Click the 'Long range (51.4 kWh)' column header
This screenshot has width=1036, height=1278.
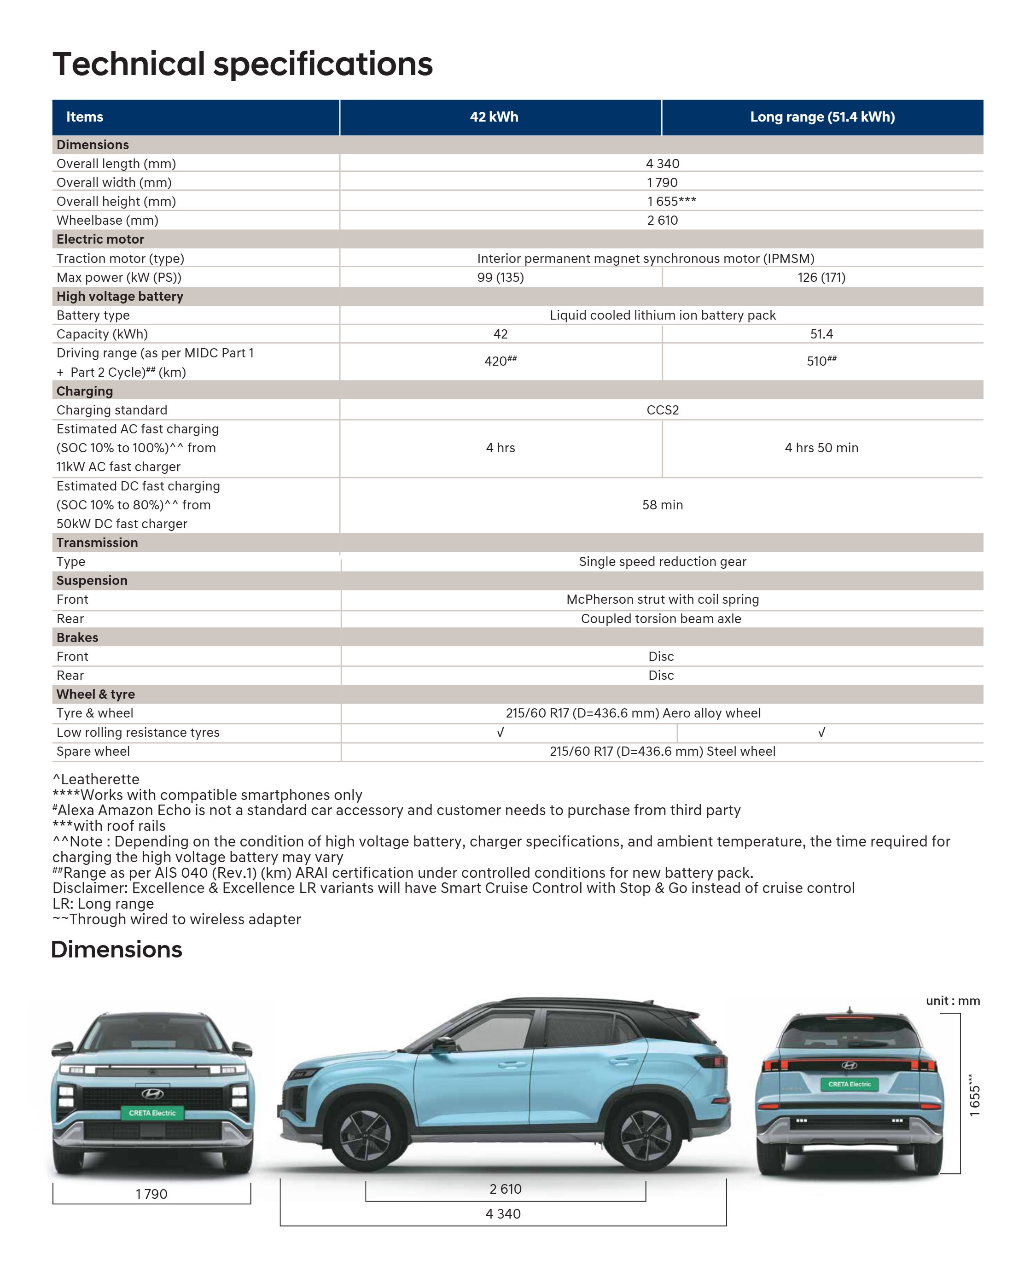[x=822, y=117]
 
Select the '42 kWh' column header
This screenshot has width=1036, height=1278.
[x=494, y=117]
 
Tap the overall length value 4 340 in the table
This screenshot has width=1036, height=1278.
[x=663, y=163]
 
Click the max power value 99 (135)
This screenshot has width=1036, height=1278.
[x=500, y=278]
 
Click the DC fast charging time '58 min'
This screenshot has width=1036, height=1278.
[x=663, y=505]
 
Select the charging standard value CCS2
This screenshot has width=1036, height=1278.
[x=663, y=410]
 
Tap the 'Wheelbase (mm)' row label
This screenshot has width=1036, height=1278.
[x=107, y=220]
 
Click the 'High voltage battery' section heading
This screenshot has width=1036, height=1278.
[x=119, y=297]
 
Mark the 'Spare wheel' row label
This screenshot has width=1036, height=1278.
[x=93, y=752]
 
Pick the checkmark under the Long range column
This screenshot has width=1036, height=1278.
[x=822, y=732]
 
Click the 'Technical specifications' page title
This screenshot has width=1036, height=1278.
[x=242, y=64]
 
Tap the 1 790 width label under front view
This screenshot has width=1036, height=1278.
[x=151, y=1194]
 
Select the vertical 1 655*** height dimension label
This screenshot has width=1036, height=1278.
[x=974, y=1095]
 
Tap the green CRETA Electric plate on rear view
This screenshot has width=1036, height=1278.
[x=849, y=1084]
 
